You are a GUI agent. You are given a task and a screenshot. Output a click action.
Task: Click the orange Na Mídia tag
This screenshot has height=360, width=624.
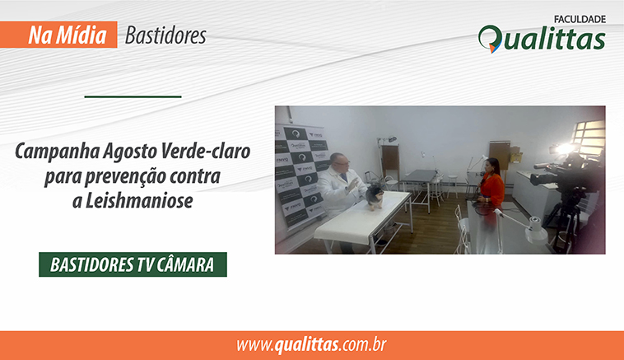tap(58, 35)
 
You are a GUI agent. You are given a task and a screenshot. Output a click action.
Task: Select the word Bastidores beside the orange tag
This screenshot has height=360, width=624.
tap(165, 35)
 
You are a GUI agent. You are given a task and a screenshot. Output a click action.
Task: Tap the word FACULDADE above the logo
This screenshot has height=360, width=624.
tap(580, 19)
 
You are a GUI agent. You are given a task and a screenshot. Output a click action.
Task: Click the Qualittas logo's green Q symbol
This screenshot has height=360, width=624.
tap(490, 39)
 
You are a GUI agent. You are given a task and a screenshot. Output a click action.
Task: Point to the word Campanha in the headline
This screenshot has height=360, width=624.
tap(58, 152)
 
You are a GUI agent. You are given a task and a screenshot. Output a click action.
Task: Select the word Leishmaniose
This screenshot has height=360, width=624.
tap(139, 200)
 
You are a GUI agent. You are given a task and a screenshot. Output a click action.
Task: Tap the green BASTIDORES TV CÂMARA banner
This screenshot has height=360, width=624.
tap(133, 264)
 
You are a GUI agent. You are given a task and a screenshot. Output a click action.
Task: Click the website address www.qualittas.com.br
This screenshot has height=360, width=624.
tap(312, 345)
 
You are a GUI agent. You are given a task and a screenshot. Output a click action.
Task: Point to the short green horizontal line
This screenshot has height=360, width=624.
tap(133, 96)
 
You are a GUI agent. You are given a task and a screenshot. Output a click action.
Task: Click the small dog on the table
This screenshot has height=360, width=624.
tap(375, 197)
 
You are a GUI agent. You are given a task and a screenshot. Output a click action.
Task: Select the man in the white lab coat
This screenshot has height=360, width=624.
tap(340, 187)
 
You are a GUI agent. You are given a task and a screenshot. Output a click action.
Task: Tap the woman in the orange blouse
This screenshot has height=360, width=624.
tap(492, 182)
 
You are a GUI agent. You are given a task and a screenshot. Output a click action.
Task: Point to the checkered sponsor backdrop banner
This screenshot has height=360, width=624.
tap(301, 176)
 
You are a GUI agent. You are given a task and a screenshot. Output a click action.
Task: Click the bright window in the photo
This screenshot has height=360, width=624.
tap(589, 138)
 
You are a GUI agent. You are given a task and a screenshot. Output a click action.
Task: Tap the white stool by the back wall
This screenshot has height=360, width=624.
tap(452, 186)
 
